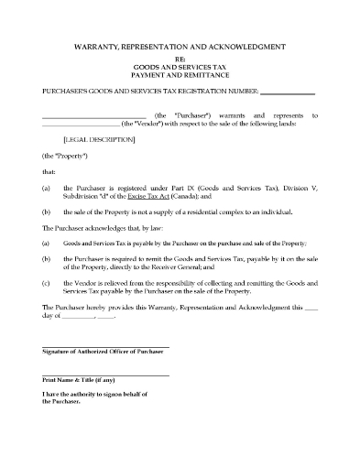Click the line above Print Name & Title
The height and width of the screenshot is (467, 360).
[x=105, y=374]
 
